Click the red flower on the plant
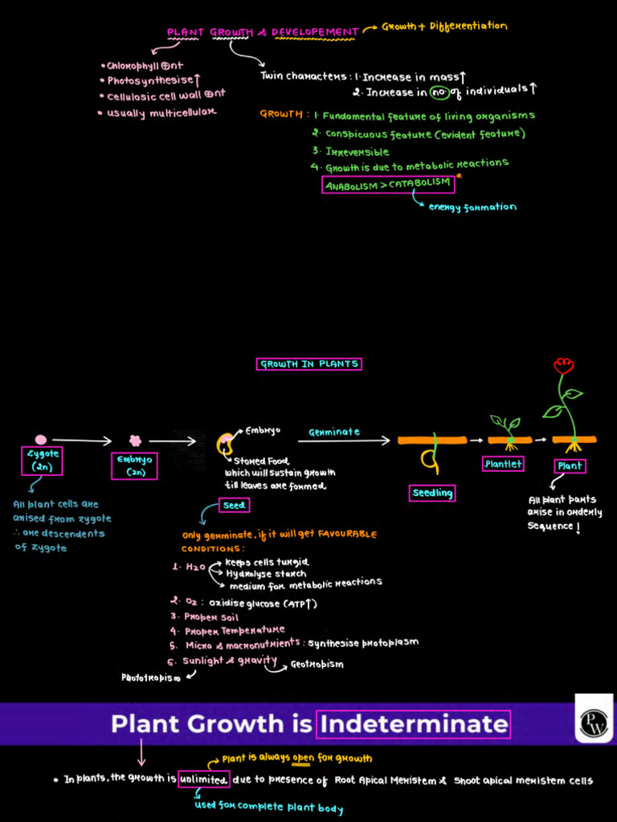point(563,366)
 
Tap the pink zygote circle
point(41,439)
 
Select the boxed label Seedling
point(432,493)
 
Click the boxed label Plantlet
point(504,464)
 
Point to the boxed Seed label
point(234,505)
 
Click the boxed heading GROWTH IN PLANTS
point(308,364)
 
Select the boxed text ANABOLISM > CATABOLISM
point(388,185)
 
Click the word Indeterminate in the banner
point(414,724)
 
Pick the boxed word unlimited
point(204,779)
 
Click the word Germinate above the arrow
point(334,432)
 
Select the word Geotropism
point(317,665)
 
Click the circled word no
point(439,92)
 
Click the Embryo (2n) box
point(134,466)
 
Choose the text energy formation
point(472,207)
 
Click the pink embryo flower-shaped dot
point(135,440)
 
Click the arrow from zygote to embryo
point(82,440)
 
